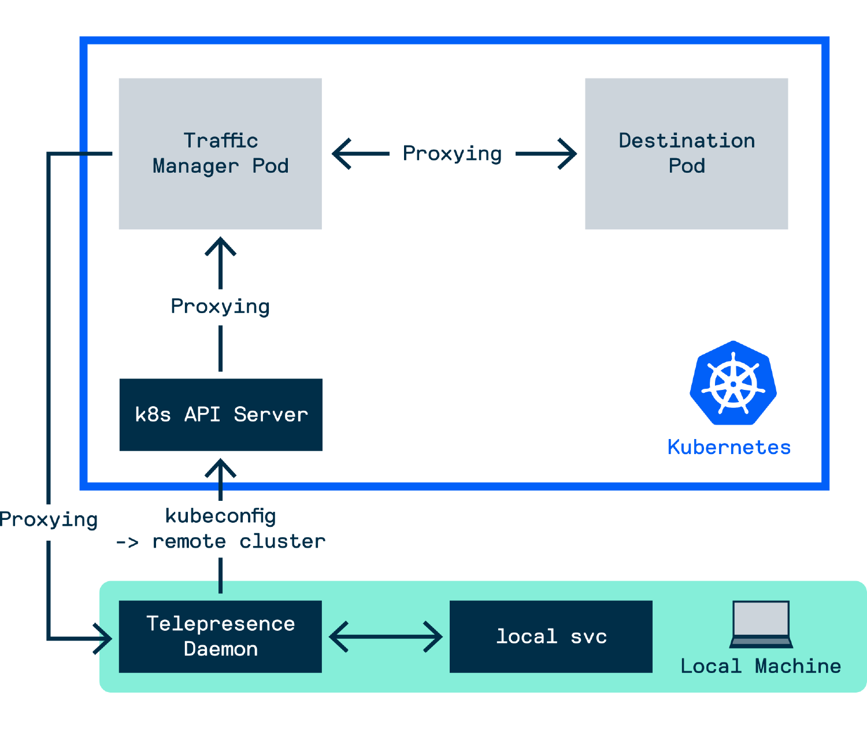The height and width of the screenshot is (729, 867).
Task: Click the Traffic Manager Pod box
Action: point(220,154)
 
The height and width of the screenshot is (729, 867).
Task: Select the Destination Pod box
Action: point(686,154)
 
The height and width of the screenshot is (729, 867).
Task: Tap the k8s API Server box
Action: point(220,414)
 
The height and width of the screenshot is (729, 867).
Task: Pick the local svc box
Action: point(551,636)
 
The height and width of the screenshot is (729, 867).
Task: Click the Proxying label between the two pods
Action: point(452,154)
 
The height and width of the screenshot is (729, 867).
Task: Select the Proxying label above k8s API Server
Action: point(220,307)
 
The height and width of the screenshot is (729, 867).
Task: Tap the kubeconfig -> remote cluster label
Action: point(220,529)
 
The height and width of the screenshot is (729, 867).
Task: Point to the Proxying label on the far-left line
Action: point(49,520)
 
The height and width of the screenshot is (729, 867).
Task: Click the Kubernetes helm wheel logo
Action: point(733,384)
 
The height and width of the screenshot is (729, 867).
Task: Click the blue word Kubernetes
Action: point(728,447)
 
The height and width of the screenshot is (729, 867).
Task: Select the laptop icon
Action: point(761,624)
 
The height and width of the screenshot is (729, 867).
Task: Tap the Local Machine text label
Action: point(761,666)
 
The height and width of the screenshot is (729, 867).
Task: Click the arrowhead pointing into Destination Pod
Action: point(569,154)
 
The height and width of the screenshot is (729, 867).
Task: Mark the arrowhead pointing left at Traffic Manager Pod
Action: point(340,154)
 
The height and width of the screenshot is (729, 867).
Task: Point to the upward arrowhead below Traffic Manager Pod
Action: point(220,245)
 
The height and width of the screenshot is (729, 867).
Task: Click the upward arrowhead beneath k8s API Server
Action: point(220,466)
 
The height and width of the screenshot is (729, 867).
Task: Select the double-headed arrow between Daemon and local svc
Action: point(386,637)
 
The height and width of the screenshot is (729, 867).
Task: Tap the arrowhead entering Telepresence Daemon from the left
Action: point(105,639)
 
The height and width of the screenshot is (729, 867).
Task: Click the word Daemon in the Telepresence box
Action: point(220,649)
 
